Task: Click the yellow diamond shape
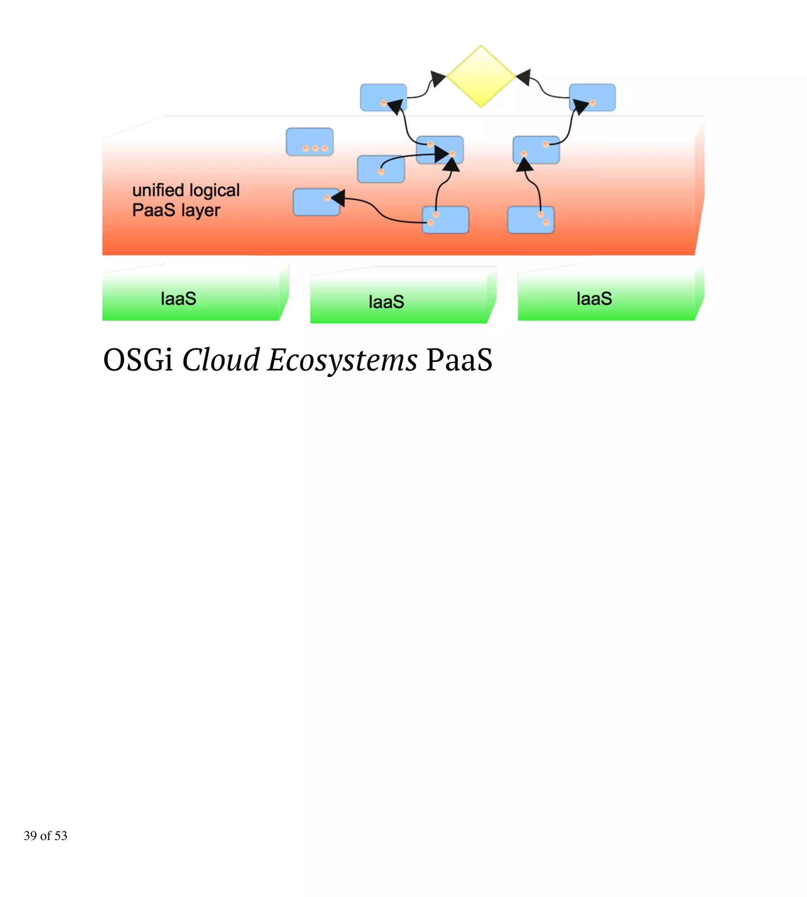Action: pyautogui.click(x=481, y=76)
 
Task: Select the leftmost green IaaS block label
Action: pyautogui.click(x=178, y=298)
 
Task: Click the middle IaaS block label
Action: pyautogui.click(x=386, y=301)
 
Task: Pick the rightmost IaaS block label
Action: pyautogui.click(x=594, y=298)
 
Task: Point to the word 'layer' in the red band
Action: pyautogui.click(x=201, y=210)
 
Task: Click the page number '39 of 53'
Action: pyautogui.click(x=45, y=836)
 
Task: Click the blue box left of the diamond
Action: pyautogui.click(x=383, y=97)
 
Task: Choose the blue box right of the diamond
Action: pyautogui.click(x=592, y=97)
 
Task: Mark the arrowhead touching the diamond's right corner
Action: pyautogui.click(x=524, y=77)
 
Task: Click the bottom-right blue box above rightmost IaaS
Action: pyautogui.click(x=530, y=220)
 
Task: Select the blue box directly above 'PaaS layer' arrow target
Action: pyautogui.click(x=316, y=202)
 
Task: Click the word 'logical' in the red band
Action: pyautogui.click(x=214, y=190)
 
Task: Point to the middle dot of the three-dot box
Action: pyautogui.click(x=315, y=149)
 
